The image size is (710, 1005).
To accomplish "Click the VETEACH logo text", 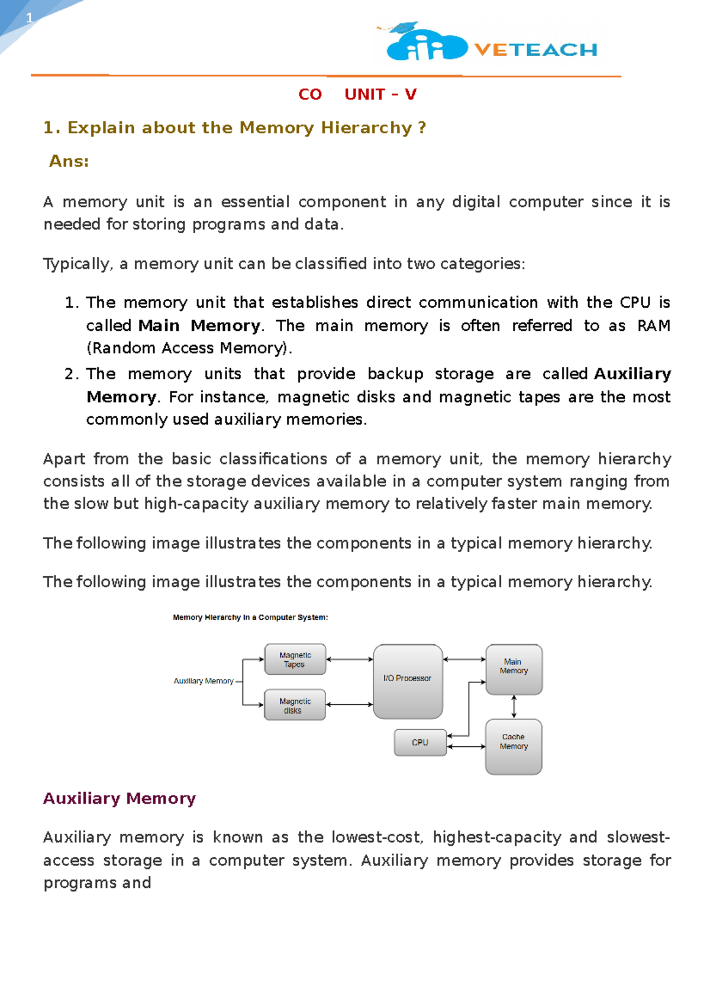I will [535, 50].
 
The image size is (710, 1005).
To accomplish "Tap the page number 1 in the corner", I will [30, 18].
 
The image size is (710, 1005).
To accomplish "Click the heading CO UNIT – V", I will [357, 95].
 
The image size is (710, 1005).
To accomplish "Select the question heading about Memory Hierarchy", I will [234, 128].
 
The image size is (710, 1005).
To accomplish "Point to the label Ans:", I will [69, 161].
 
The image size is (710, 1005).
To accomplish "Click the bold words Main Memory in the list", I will [199, 326].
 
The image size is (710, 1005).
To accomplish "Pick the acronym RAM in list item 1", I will [653, 326].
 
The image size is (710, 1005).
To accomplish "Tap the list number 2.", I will [71, 374].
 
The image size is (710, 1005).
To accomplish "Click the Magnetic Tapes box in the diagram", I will [295, 659].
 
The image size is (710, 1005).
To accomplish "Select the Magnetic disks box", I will [295, 705].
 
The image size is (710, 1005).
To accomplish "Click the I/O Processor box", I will [408, 681].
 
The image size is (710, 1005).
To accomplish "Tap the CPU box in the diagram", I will [420, 742].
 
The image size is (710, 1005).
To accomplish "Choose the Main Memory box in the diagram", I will [514, 669].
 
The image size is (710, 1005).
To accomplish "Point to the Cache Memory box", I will [514, 746].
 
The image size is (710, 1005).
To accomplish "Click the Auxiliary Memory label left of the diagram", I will [204, 681].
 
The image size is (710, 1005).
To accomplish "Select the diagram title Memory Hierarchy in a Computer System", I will [250, 617].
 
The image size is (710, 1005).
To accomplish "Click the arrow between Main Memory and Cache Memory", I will [514, 707].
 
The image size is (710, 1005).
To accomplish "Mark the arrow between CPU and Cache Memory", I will [466, 747].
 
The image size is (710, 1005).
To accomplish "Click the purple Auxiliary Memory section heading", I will [119, 798].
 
